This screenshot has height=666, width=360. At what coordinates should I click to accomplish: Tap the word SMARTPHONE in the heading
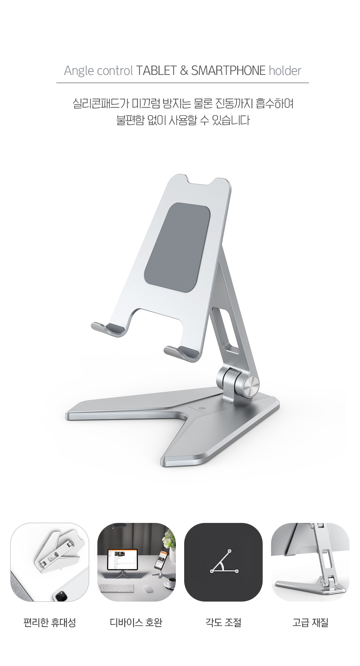click(x=228, y=71)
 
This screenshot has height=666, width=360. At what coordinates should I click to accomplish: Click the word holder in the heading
click(x=285, y=71)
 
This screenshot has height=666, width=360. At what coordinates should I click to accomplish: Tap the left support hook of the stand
click(x=108, y=329)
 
